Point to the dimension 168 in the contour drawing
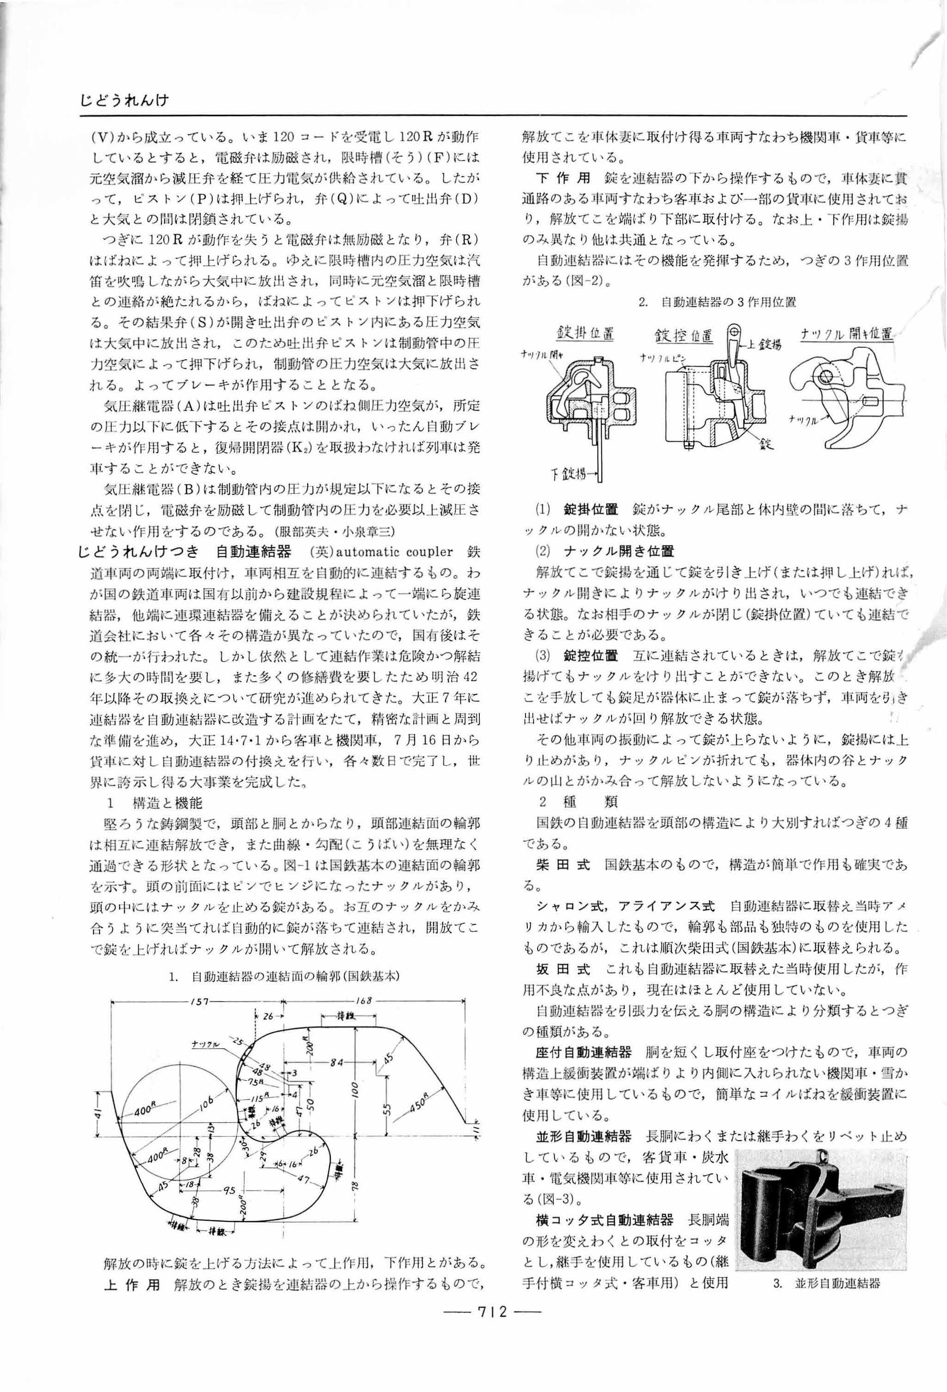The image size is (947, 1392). coord(363,1001)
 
